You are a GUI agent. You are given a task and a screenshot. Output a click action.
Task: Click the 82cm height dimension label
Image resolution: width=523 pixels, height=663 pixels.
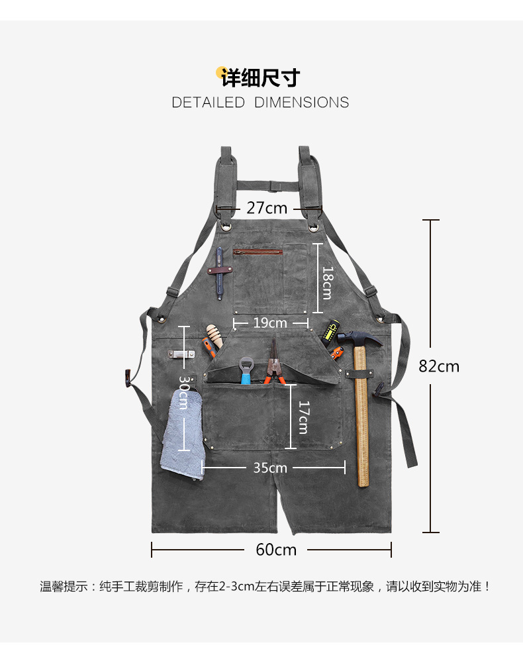click(438, 366)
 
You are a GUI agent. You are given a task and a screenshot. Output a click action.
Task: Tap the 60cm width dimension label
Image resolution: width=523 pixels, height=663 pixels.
click(276, 550)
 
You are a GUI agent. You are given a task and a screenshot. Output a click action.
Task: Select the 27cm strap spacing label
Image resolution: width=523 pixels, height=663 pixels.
click(267, 208)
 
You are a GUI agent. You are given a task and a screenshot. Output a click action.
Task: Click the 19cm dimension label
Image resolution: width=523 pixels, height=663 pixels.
click(270, 323)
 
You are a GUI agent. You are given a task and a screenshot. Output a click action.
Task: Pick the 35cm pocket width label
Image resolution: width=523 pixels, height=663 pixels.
click(270, 468)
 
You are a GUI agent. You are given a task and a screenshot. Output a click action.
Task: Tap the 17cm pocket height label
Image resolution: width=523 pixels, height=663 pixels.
click(303, 417)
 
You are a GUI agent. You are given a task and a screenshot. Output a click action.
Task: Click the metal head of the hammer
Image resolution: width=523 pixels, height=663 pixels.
click(357, 338)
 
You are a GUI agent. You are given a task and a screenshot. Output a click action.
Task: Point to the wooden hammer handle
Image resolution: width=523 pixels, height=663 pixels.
click(361, 424)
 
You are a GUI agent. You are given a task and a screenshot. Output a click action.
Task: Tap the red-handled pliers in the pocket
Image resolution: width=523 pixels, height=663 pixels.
click(273, 368)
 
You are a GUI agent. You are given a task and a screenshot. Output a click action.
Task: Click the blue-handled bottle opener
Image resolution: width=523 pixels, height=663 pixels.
click(246, 371)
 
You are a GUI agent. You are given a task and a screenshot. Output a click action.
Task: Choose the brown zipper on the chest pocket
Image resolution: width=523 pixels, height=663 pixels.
click(258, 252)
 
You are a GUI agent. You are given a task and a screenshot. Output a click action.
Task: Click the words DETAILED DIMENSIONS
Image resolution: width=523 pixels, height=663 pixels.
click(260, 103)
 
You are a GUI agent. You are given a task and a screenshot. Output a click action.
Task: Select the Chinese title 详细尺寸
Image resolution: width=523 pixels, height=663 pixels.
click(261, 78)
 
